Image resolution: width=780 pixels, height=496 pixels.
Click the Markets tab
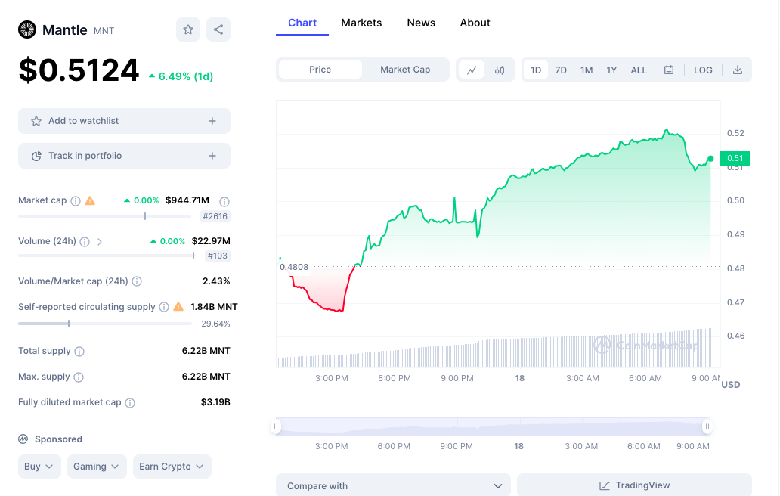point(361,23)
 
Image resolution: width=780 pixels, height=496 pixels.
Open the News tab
point(421,23)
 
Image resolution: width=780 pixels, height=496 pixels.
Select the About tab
point(475,23)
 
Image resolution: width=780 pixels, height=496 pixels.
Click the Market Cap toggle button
point(405,70)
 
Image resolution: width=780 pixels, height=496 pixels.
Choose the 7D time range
point(561,70)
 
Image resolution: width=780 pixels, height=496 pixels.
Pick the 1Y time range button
point(611,70)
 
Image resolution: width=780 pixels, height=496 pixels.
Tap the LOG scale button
point(703,70)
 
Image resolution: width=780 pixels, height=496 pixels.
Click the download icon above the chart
point(737,70)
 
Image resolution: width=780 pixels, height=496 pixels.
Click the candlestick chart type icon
point(500,70)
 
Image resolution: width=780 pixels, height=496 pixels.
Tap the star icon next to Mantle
point(188,29)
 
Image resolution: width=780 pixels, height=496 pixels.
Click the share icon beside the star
point(218,29)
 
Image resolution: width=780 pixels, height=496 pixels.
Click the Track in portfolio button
point(125,156)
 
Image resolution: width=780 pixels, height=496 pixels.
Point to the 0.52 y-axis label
point(735,133)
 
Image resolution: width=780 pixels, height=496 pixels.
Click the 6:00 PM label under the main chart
point(395,378)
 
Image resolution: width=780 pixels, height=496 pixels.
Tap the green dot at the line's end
point(710,159)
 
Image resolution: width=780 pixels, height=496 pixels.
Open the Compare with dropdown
point(393,485)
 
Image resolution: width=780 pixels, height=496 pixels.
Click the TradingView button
point(634,485)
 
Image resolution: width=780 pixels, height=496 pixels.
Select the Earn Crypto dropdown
point(172,467)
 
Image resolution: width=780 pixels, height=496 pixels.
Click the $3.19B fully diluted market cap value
point(215,402)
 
